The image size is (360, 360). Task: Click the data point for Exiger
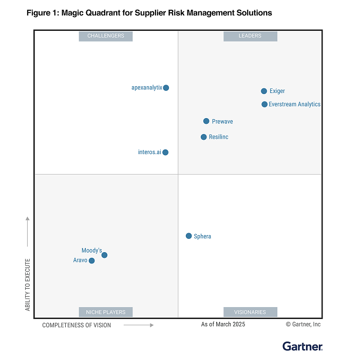pos(264,91)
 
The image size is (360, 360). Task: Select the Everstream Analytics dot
pos(264,104)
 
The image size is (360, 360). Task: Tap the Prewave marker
pos(206,121)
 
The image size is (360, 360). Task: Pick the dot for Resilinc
pos(204,137)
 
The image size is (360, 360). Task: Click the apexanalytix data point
pos(166,88)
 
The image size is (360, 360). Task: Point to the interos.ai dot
pos(165,152)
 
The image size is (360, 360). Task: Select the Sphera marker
pos(189,236)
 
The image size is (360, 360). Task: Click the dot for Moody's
pos(104,255)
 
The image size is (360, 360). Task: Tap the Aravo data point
pos(92,261)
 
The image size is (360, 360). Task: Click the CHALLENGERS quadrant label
pos(106,36)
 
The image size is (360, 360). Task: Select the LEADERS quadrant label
pos(250,36)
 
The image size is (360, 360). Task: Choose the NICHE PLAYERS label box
pos(106,312)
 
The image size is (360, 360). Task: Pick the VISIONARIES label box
pos(250,312)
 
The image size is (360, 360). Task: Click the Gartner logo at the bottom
pos(302,346)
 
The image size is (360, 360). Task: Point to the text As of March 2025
pos(223,324)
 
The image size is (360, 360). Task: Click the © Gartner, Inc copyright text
pos(303,324)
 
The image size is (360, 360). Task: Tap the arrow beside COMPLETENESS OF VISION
pos(139,325)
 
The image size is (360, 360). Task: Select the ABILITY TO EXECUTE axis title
pos(28,285)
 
